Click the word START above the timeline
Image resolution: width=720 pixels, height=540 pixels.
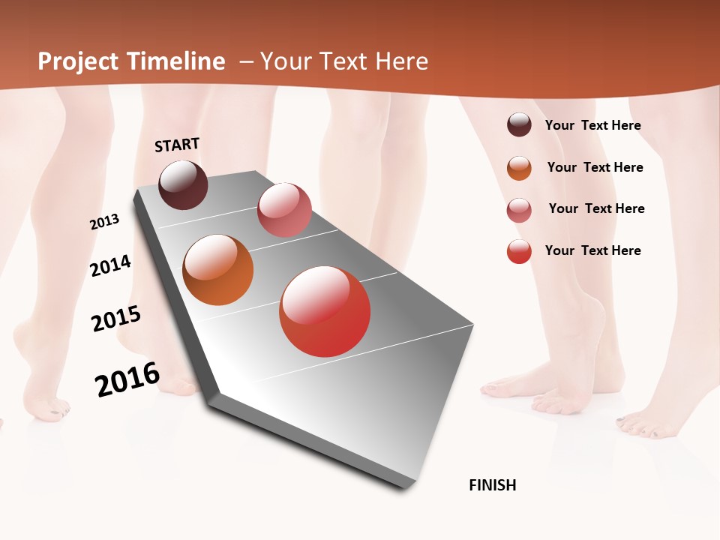[177, 145]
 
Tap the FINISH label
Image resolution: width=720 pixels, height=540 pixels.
[493, 485]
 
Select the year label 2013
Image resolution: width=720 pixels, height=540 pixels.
[105, 222]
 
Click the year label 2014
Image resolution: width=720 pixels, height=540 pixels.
[111, 265]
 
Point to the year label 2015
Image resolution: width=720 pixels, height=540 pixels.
[116, 319]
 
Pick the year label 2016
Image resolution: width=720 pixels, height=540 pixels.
[127, 379]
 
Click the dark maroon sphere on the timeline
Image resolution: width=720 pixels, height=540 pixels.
[184, 184]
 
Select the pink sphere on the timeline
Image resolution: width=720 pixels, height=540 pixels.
[284, 210]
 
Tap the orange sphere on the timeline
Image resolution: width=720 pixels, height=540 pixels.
[218, 270]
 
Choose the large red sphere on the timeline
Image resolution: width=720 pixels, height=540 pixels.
[325, 311]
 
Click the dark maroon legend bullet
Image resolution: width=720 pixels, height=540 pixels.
[519, 125]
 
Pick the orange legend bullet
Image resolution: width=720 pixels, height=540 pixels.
[519, 168]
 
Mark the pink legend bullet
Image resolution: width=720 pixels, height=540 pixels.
[519, 210]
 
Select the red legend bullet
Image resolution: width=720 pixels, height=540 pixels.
[519, 251]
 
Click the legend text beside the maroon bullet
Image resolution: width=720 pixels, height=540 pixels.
[592, 126]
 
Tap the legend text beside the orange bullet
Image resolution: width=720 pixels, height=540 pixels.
[595, 167]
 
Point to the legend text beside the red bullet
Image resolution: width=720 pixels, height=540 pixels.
[592, 250]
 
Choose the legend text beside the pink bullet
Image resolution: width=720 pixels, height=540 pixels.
[596, 208]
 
